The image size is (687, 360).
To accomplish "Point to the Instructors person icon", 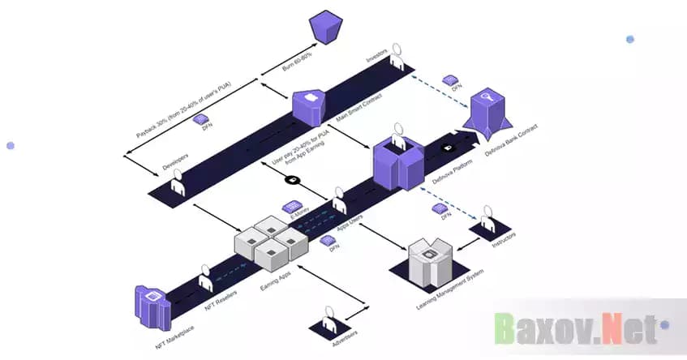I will pyautogui.click(x=487, y=216).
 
